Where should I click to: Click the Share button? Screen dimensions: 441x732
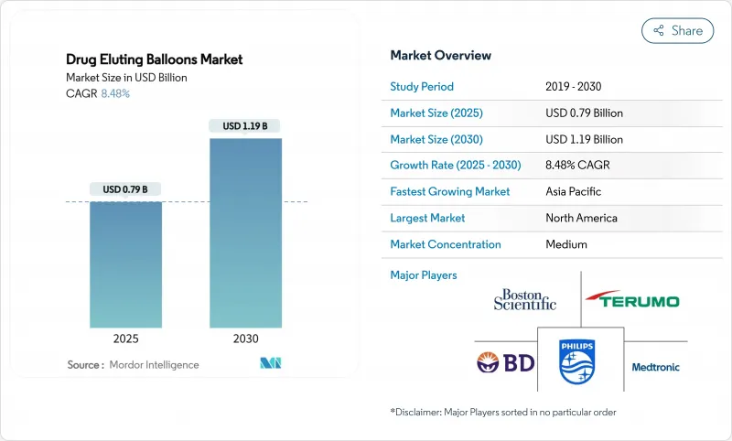677,30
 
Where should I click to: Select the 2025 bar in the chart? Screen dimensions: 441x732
125,264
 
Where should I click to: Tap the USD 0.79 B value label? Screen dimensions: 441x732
125,189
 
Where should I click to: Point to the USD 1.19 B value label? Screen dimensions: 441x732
245,125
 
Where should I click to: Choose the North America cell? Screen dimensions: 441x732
581,218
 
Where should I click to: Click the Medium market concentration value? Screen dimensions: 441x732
566,244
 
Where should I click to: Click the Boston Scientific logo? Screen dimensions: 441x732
524,299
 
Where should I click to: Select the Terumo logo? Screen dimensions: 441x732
633,300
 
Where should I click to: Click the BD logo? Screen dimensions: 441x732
504,363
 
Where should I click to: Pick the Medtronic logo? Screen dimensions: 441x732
656,367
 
